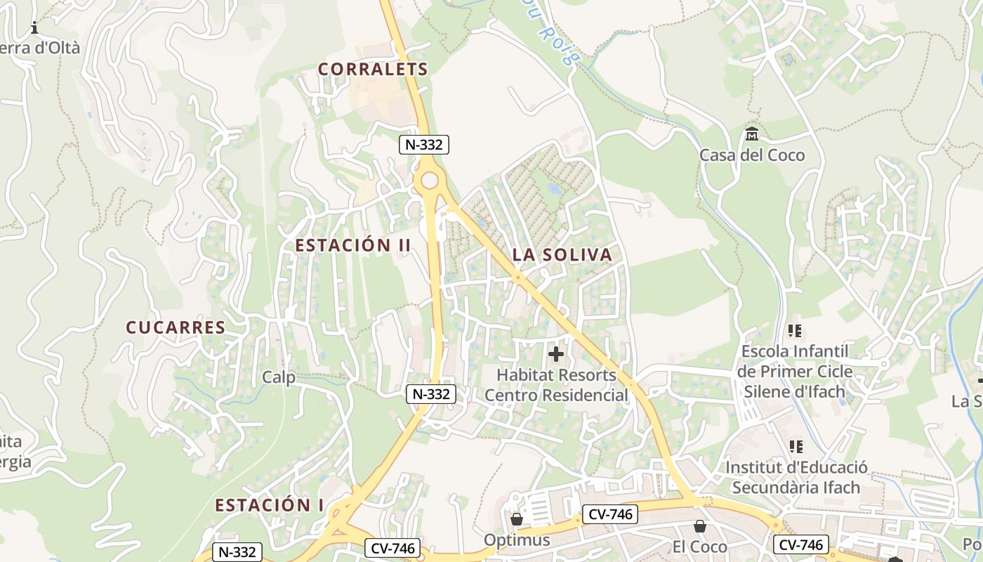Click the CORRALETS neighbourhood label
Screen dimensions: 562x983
[x=373, y=69]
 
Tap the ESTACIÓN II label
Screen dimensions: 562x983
[x=352, y=245]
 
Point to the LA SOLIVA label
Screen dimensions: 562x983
[x=562, y=254]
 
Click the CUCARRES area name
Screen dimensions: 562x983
[x=176, y=327]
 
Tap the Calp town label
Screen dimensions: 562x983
[x=279, y=377]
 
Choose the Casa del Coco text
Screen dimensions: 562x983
[x=752, y=155]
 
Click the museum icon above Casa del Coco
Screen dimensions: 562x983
[x=752, y=133]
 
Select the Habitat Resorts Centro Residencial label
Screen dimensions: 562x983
[x=556, y=385]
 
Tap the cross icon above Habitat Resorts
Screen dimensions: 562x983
[x=555, y=354]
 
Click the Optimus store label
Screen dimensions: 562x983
[x=517, y=540]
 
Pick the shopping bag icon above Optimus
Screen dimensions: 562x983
[x=517, y=519]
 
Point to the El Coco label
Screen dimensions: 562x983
[x=700, y=547]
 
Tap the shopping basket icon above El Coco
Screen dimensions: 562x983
[x=700, y=526]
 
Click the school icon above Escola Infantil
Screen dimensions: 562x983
[x=795, y=330]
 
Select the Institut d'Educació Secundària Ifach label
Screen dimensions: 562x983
[x=796, y=477]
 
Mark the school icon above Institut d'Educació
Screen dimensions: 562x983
[x=796, y=446]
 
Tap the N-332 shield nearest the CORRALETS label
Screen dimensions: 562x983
[x=424, y=145]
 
